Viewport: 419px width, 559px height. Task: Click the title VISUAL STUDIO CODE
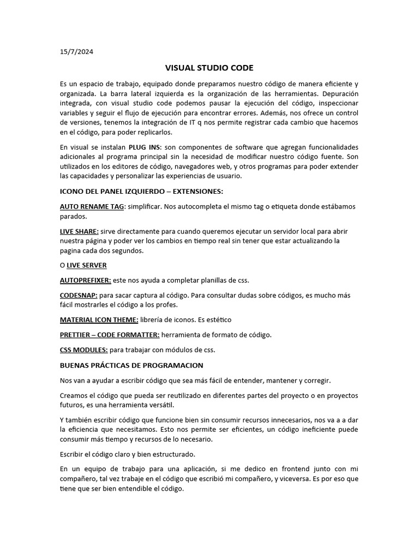209,68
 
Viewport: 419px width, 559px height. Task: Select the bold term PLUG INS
145,148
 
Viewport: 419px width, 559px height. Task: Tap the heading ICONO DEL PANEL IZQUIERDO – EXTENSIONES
149,192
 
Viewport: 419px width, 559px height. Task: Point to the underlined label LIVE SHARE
79,231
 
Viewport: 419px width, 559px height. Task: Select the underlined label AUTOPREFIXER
85,280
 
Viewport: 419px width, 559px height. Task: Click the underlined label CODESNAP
78,295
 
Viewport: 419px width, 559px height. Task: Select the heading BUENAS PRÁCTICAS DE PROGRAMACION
131,365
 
